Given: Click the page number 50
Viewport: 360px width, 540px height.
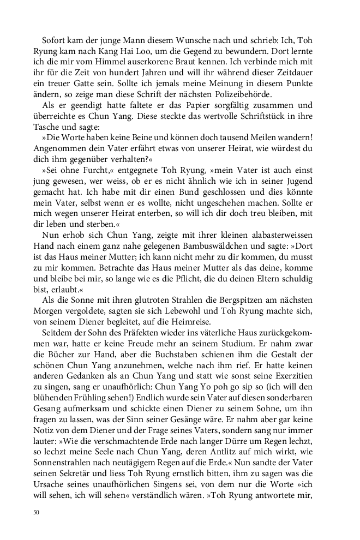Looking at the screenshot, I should click(37, 513).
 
